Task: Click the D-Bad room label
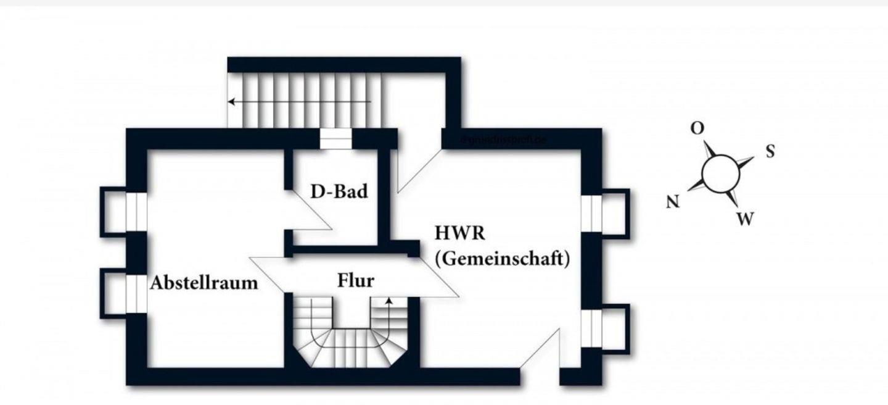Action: click(339, 191)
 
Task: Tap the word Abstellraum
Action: click(204, 283)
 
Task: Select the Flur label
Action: click(356, 280)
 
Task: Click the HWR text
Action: click(460, 233)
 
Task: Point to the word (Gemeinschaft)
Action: click(501, 259)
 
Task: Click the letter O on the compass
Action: click(697, 128)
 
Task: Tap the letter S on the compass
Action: click(770, 151)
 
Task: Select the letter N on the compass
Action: click(673, 202)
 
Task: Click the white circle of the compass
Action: click(720, 173)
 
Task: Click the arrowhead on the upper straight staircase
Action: click(231, 101)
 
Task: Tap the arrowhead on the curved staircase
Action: click(389, 301)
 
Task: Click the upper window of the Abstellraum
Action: click(136, 212)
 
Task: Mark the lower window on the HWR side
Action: click(591, 329)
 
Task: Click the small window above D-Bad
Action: click(335, 139)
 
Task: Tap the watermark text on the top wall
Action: click(504, 140)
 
